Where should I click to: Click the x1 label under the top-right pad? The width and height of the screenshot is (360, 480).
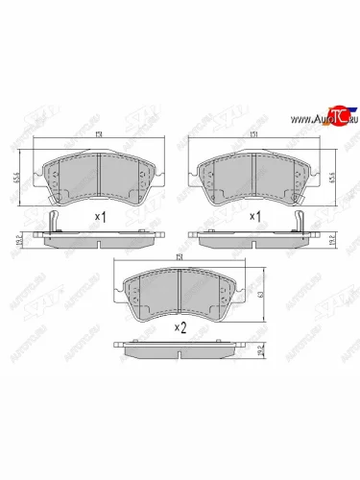click(257, 218)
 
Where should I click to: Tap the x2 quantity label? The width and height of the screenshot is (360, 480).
click(180, 326)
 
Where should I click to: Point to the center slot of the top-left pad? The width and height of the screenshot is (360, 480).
click(100, 173)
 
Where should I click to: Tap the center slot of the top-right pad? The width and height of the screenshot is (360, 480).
click(252, 173)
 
